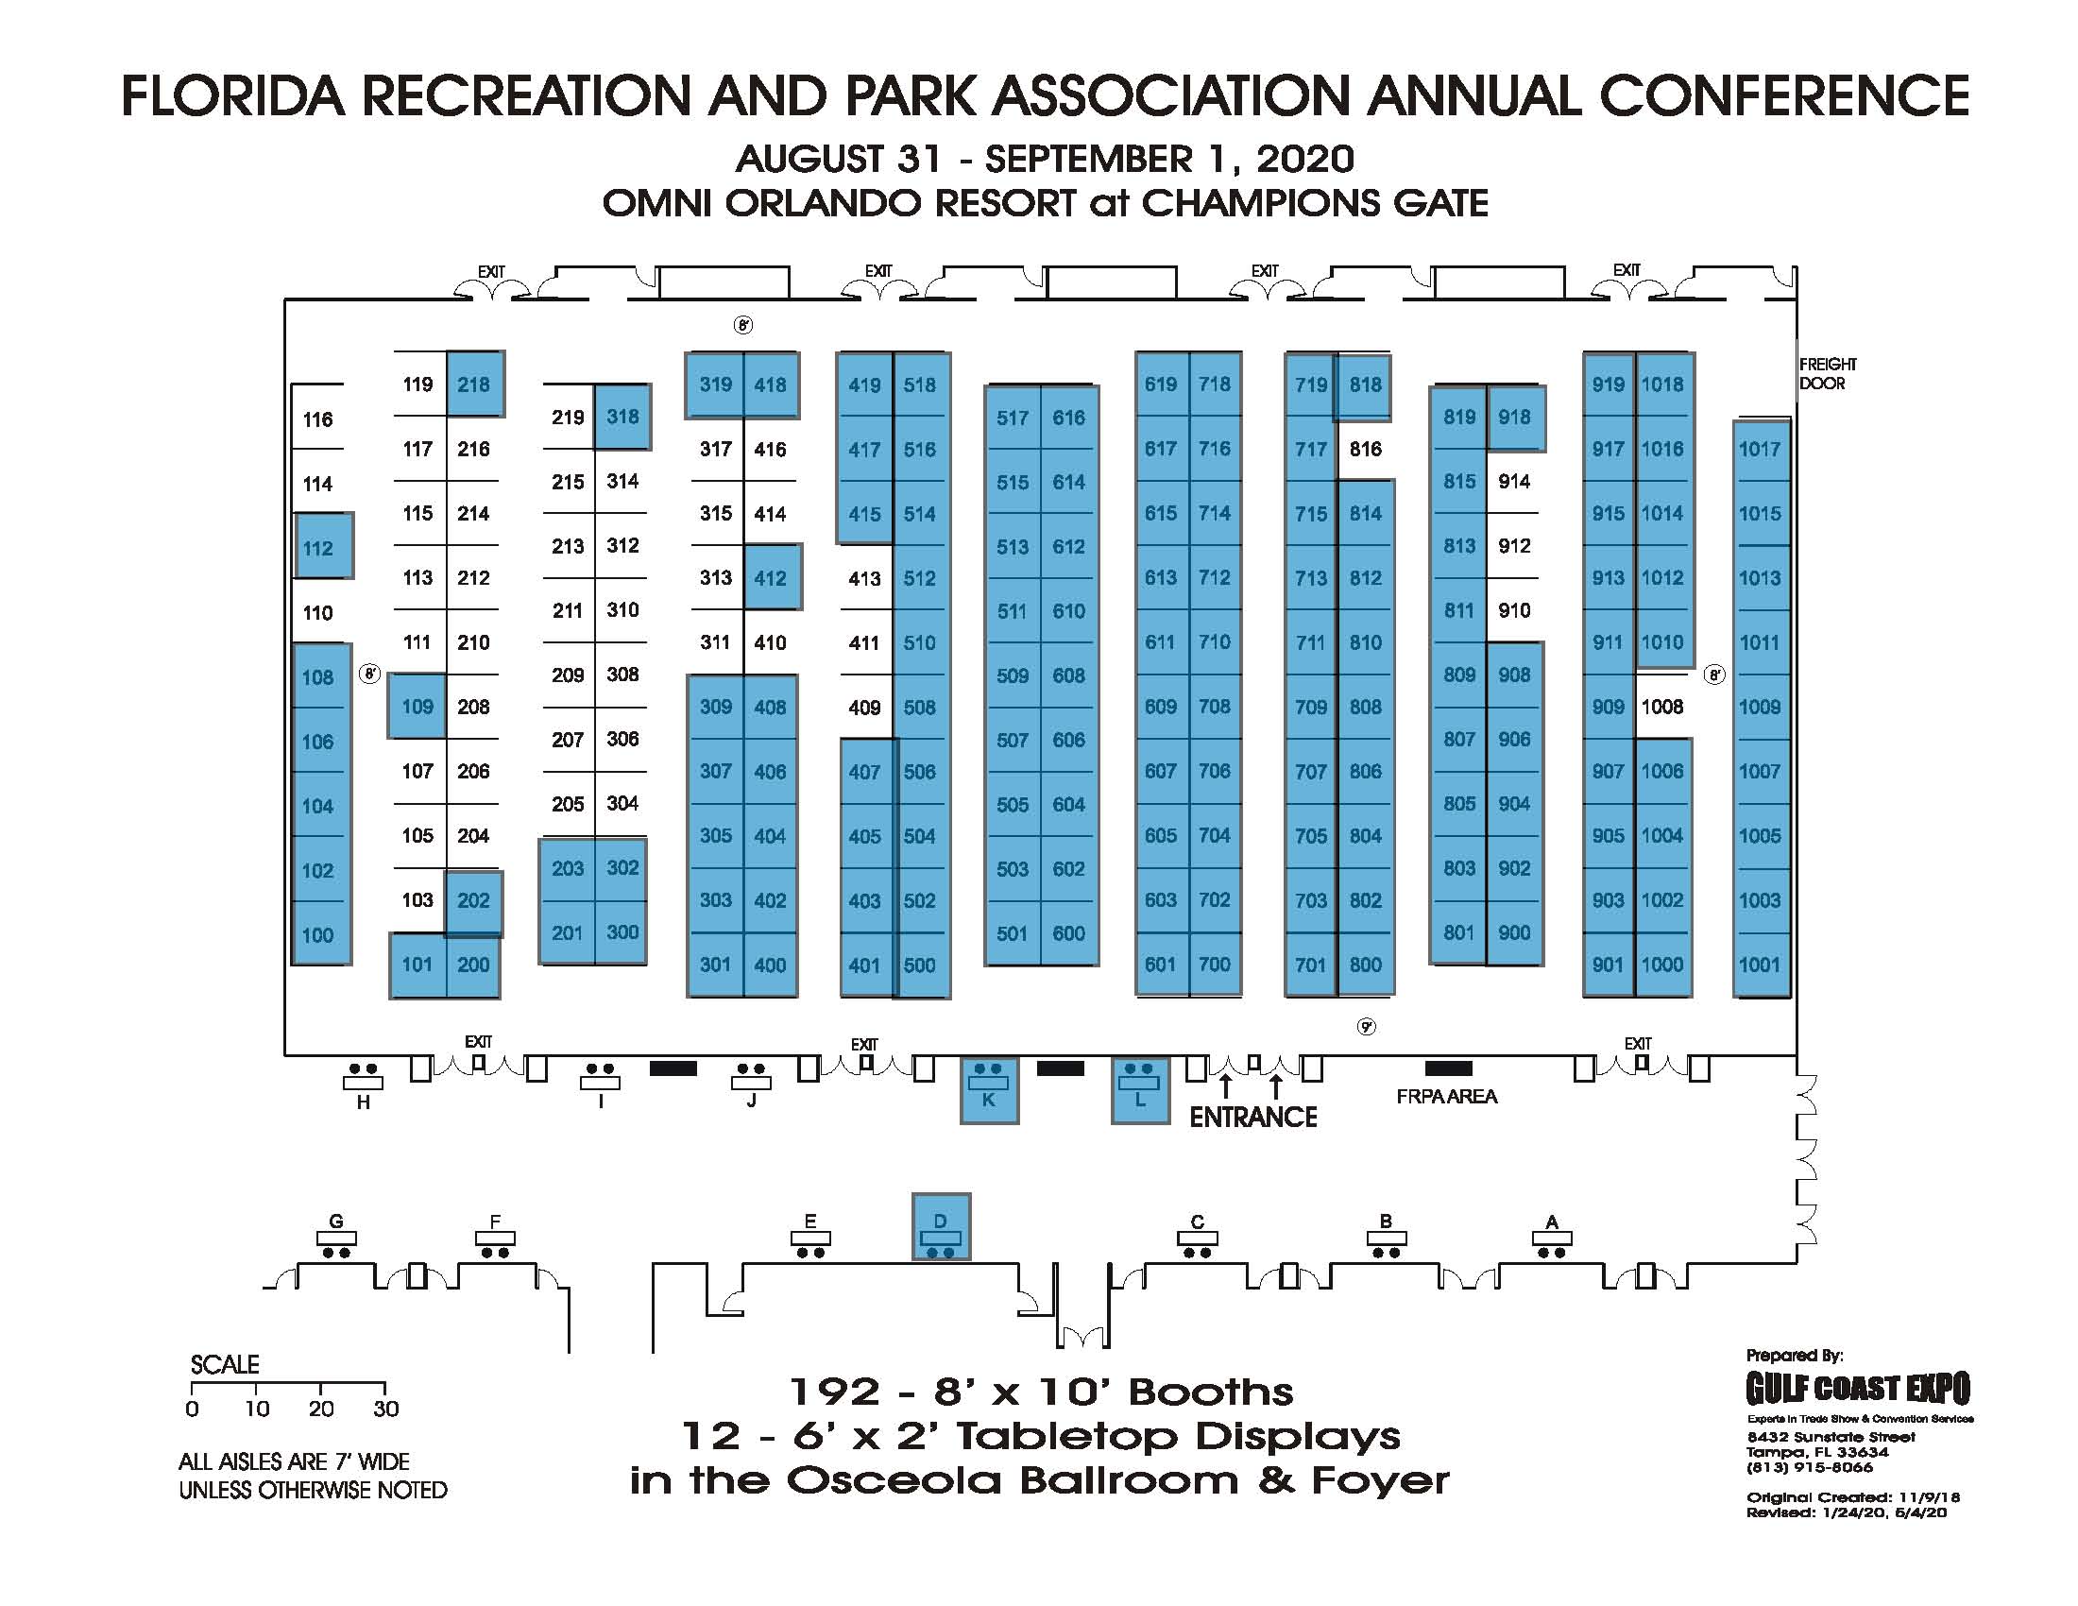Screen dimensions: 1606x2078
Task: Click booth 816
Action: [x=1365, y=449]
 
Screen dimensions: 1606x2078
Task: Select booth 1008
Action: [x=1661, y=707]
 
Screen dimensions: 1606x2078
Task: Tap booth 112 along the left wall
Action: [x=317, y=548]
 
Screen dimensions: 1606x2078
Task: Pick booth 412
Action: [x=770, y=577]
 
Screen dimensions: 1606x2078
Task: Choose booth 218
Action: [x=473, y=384]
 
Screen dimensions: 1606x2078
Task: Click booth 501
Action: [x=1012, y=933]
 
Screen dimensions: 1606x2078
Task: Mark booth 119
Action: [x=417, y=384]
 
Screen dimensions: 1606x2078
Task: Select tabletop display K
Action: [x=989, y=1090]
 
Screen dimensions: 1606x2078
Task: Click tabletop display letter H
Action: [x=363, y=1102]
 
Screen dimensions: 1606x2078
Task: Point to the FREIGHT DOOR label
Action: [x=1827, y=374]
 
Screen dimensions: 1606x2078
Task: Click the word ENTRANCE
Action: [x=1253, y=1117]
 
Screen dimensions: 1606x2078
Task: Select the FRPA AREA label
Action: [x=1446, y=1097]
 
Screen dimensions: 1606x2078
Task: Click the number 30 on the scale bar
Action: [x=385, y=1410]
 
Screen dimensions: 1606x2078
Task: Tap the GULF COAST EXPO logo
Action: [x=1857, y=1389]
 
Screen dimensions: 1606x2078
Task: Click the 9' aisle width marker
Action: [x=1367, y=1027]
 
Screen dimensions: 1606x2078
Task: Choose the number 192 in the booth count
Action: [x=835, y=1392]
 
